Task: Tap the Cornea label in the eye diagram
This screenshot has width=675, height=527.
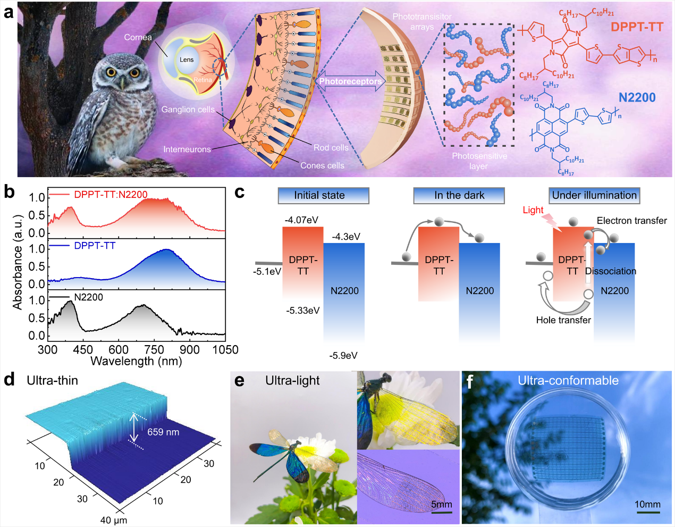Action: [138, 37]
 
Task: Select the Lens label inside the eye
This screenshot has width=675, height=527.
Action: [187, 60]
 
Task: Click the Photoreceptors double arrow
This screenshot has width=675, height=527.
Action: [350, 81]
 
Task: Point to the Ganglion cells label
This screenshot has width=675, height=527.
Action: [188, 109]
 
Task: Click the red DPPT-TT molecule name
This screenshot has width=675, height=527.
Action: [637, 27]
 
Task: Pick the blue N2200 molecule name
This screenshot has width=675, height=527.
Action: [637, 97]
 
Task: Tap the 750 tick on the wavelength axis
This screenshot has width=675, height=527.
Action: [154, 349]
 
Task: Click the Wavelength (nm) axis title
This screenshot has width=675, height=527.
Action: [136, 362]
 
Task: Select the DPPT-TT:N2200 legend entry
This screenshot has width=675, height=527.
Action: [111, 195]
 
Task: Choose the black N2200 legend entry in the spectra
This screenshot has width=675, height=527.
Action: [88, 297]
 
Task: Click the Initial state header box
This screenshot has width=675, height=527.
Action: [323, 195]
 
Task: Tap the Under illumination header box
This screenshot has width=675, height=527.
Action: [594, 195]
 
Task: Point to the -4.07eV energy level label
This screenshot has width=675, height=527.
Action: [301, 220]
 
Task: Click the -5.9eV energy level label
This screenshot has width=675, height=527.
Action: [343, 355]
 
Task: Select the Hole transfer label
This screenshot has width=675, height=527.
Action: [563, 320]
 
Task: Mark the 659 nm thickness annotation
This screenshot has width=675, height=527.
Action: [163, 432]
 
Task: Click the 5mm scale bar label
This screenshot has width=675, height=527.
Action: [441, 504]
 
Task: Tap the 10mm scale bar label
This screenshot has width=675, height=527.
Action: [647, 504]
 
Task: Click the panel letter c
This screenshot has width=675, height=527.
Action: [240, 192]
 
